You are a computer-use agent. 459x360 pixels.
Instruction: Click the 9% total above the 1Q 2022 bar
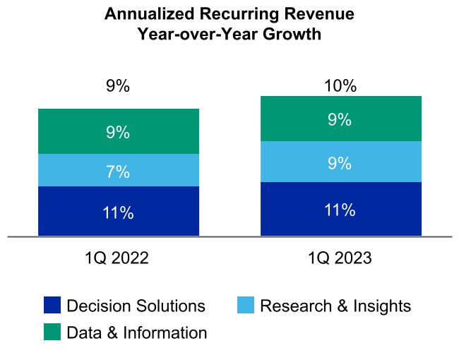click(x=118, y=87)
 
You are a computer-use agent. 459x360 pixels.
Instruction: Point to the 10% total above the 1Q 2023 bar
click(x=340, y=86)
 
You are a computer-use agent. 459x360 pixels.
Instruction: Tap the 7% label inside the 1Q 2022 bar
click(x=118, y=172)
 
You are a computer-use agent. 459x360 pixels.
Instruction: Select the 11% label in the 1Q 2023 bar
click(x=340, y=210)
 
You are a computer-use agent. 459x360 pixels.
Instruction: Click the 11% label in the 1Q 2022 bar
click(x=118, y=212)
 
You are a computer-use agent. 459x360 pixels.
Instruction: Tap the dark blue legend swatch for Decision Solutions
click(x=52, y=306)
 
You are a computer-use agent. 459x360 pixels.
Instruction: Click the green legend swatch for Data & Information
click(x=52, y=332)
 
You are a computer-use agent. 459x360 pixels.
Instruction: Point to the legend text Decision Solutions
click(x=136, y=306)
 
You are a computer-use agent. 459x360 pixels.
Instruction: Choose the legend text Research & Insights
click(x=335, y=306)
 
